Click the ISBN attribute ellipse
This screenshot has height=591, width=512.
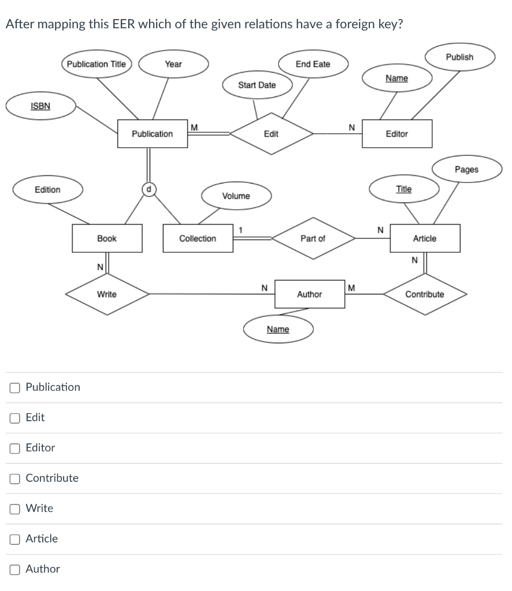pos(40,106)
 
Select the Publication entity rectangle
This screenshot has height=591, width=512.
pos(152,134)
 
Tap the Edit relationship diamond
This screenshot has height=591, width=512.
pos(271,134)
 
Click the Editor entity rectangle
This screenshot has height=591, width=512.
pos(396,134)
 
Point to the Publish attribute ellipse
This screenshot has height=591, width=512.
pos(459,57)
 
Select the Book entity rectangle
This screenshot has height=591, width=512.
pos(107,238)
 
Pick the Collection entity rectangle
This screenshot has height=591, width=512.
pos(198,238)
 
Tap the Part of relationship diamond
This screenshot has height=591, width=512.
pos(313,238)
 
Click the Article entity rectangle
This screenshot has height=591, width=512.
pos(425,238)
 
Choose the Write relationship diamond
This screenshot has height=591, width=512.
pos(107,294)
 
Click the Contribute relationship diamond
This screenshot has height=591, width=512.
pos(425,294)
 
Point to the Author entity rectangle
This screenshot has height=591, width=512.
pos(309,294)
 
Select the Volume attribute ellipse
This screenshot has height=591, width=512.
pos(236,196)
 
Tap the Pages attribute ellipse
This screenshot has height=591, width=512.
pos(466,170)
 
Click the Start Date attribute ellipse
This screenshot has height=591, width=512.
pos(257,85)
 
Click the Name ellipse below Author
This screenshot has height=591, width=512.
pos(278,330)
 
